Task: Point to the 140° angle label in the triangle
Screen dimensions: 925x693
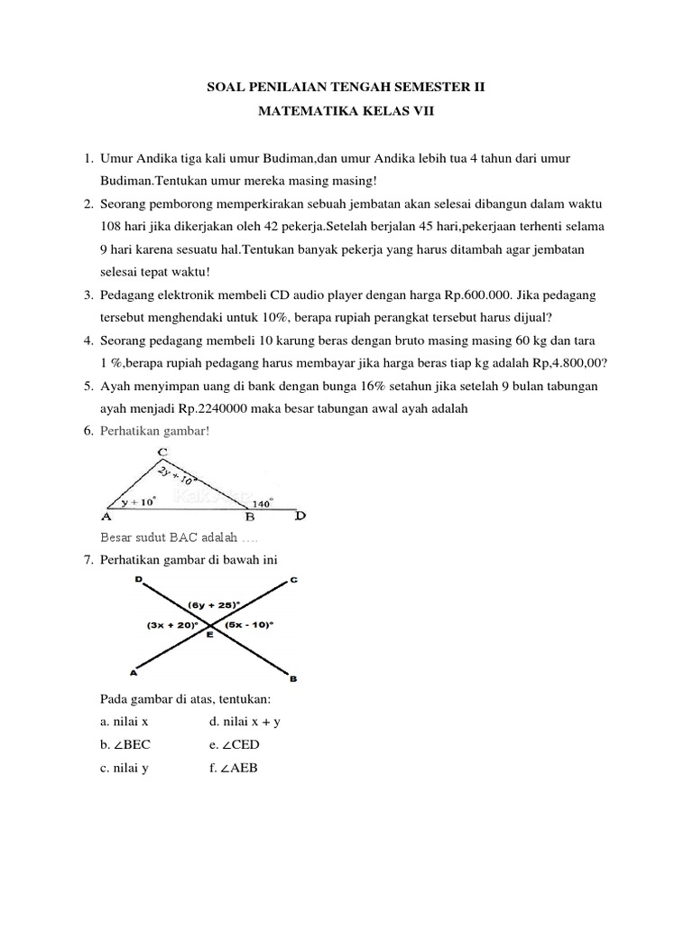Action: tap(263, 503)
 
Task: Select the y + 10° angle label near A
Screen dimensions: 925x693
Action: tap(139, 500)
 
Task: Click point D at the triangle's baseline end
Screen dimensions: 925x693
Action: tap(300, 518)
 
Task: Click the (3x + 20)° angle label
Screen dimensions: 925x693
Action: tap(172, 624)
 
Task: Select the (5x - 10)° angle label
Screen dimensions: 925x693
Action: tap(248, 624)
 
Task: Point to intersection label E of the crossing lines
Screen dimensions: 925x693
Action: tap(209, 637)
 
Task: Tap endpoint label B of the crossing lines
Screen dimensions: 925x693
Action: tap(293, 677)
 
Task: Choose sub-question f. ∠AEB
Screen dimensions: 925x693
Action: tap(233, 768)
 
